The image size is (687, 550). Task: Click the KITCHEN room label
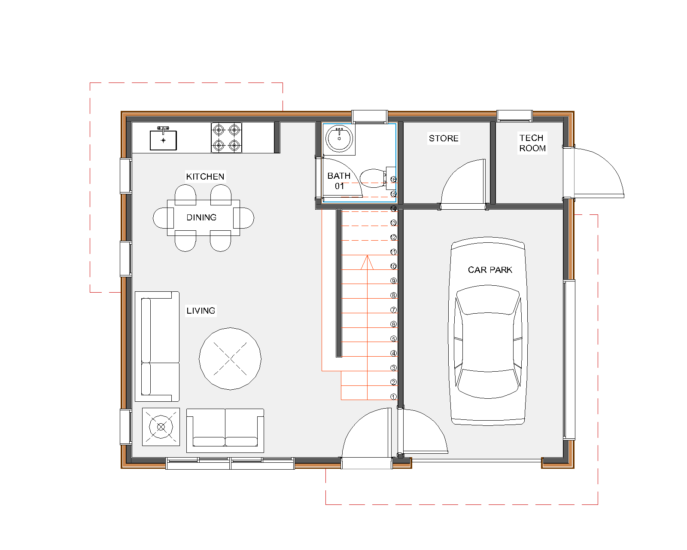(x=205, y=177)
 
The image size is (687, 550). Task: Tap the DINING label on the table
(x=201, y=217)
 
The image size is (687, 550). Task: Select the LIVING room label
(x=201, y=311)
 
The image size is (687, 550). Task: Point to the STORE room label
(x=444, y=138)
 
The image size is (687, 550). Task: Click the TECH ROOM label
(x=532, y=143)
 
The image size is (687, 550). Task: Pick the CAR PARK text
(x=490, y=270)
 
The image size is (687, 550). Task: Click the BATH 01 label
(x=339, y=181)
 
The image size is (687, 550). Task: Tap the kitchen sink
(x=163, y=139)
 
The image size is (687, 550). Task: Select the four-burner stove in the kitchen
(x=226, y=138)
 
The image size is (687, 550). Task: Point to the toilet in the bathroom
(x=377, y=178)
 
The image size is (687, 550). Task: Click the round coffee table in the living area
(x=230, y=358)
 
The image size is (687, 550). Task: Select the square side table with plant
(x=161, y=427)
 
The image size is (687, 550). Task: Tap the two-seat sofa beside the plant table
(x=225, y=431)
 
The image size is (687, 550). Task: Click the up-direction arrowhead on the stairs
(x=367, y=262)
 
